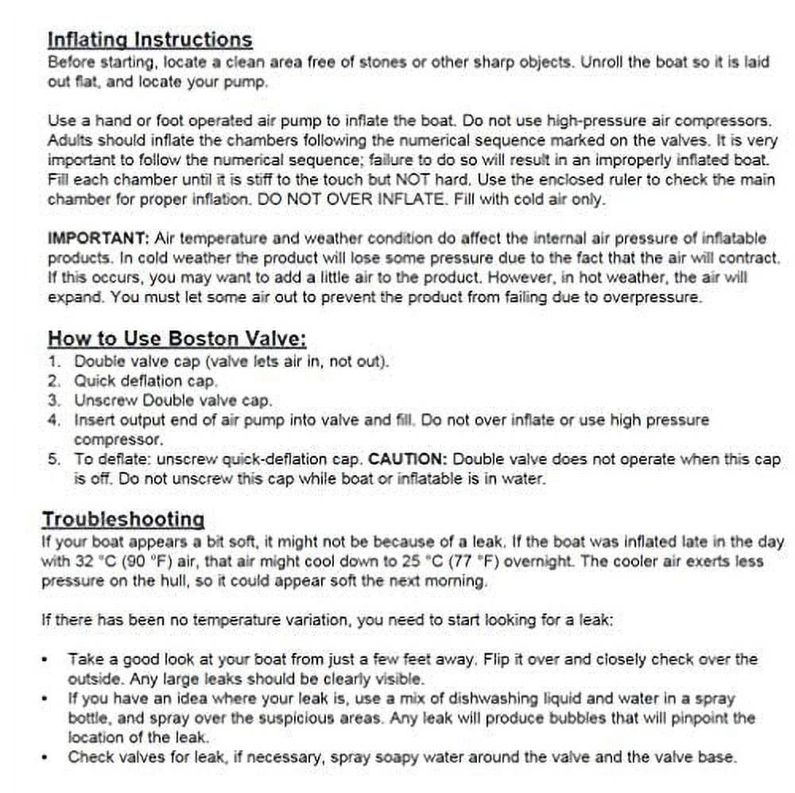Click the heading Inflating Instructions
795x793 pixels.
tap(149, 40)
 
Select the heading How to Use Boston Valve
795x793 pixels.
tap(176, 338)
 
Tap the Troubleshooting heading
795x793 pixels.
tap(123, 520)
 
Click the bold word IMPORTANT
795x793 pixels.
tap(99, 238)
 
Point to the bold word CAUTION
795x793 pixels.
tap(409, 459)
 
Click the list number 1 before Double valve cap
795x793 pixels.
tap(54, 362)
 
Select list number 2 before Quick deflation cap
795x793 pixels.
tap(54, 381)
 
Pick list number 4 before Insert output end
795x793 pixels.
tap(54, 420)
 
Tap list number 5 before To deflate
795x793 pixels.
tap(54, 459)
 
